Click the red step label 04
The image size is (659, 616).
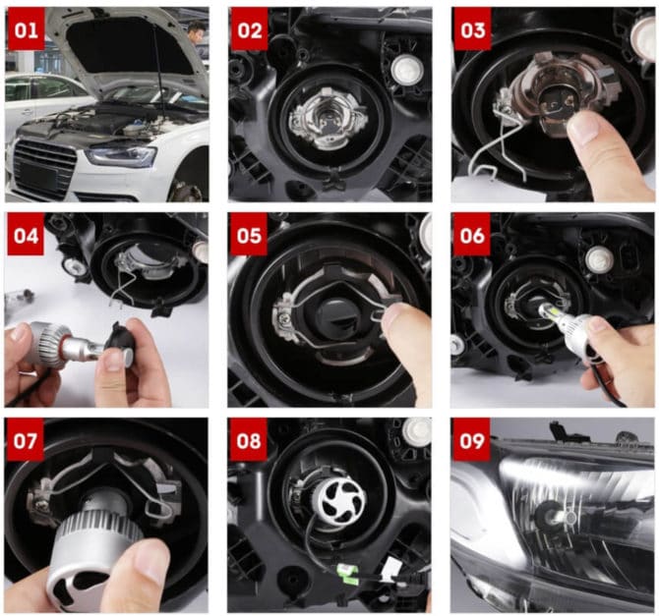[x=26, y=237]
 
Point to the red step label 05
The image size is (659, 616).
[x=250, y=237]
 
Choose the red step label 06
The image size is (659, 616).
[x=472, y=237]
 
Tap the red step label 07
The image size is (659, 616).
[x=26, y=440]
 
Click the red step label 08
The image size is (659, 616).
[x=250, y=440]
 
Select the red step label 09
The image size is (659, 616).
[x=472, y=440]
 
